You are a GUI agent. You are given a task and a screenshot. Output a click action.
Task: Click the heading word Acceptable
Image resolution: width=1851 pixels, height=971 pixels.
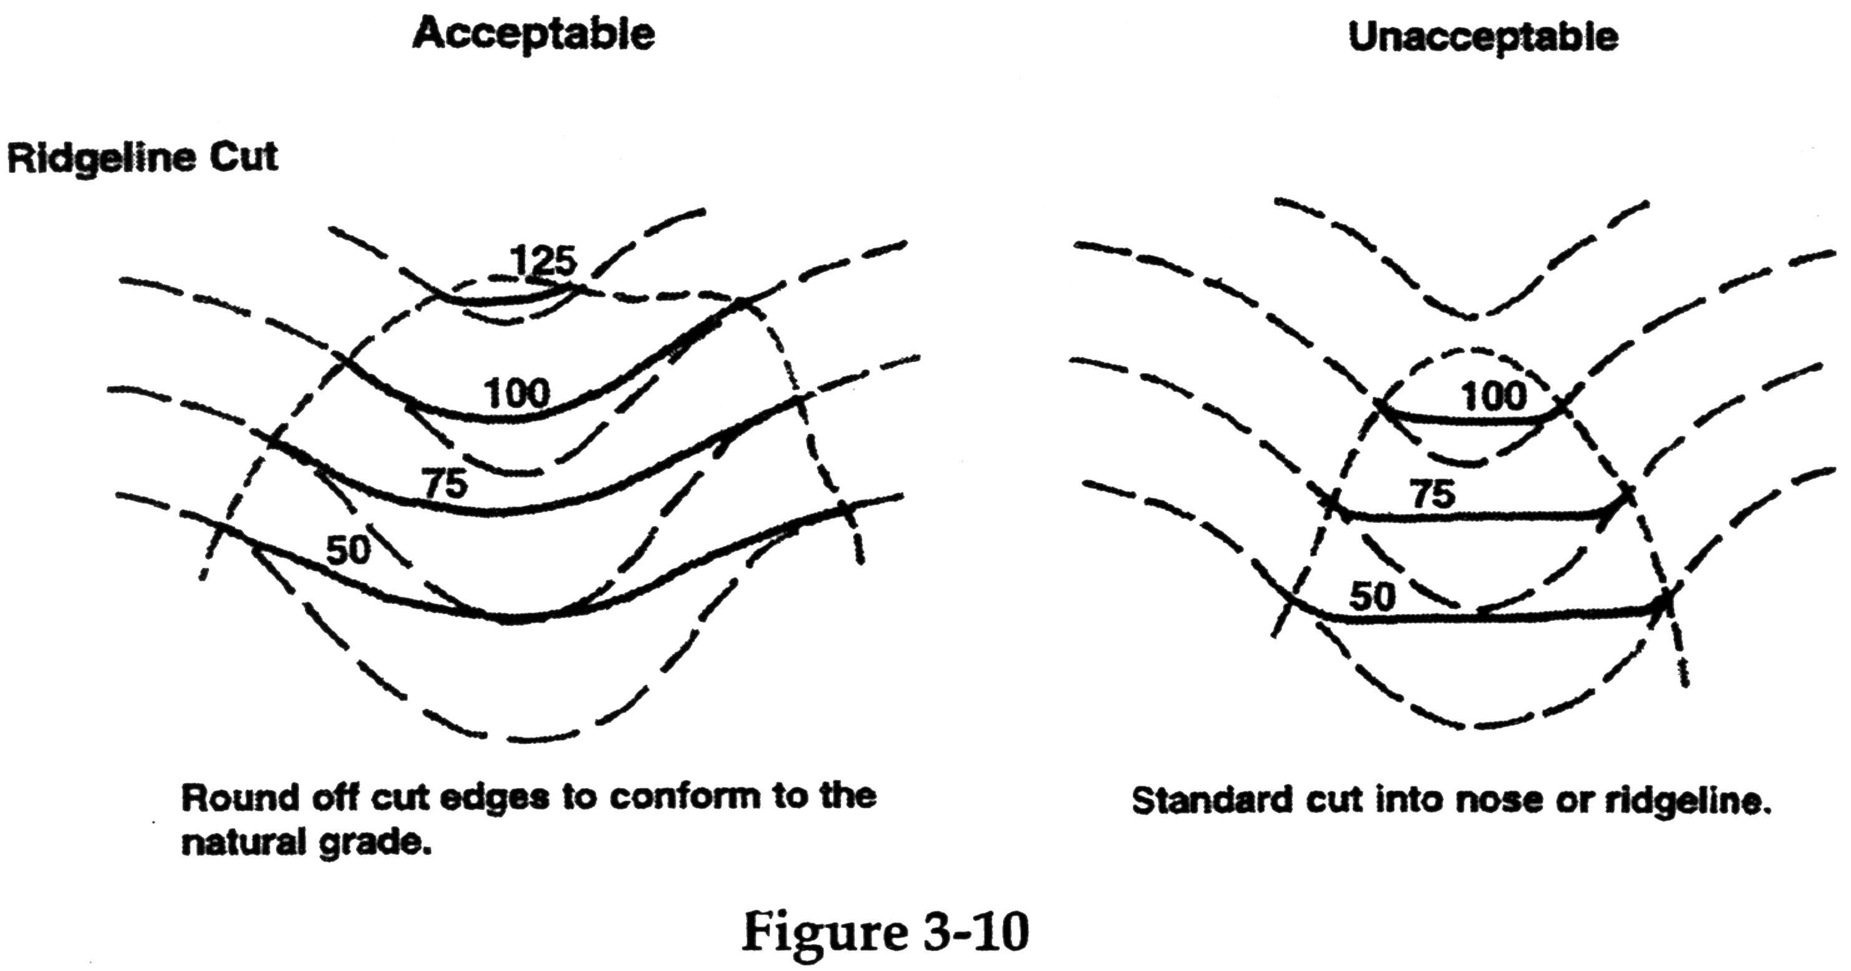(533, 34)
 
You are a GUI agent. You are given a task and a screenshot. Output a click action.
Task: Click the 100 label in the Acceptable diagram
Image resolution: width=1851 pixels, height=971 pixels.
(516, 394)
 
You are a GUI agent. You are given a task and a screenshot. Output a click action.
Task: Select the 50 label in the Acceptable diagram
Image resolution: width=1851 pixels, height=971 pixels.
(348, 550)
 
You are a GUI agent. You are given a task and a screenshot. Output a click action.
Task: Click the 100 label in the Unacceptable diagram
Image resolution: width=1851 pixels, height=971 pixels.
(1494, 396)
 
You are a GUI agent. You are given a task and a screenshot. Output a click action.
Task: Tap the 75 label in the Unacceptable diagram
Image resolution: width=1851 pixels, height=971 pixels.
(1432, 495)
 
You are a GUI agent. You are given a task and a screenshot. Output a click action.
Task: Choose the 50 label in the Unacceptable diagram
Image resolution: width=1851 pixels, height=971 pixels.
(1372, 596)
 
